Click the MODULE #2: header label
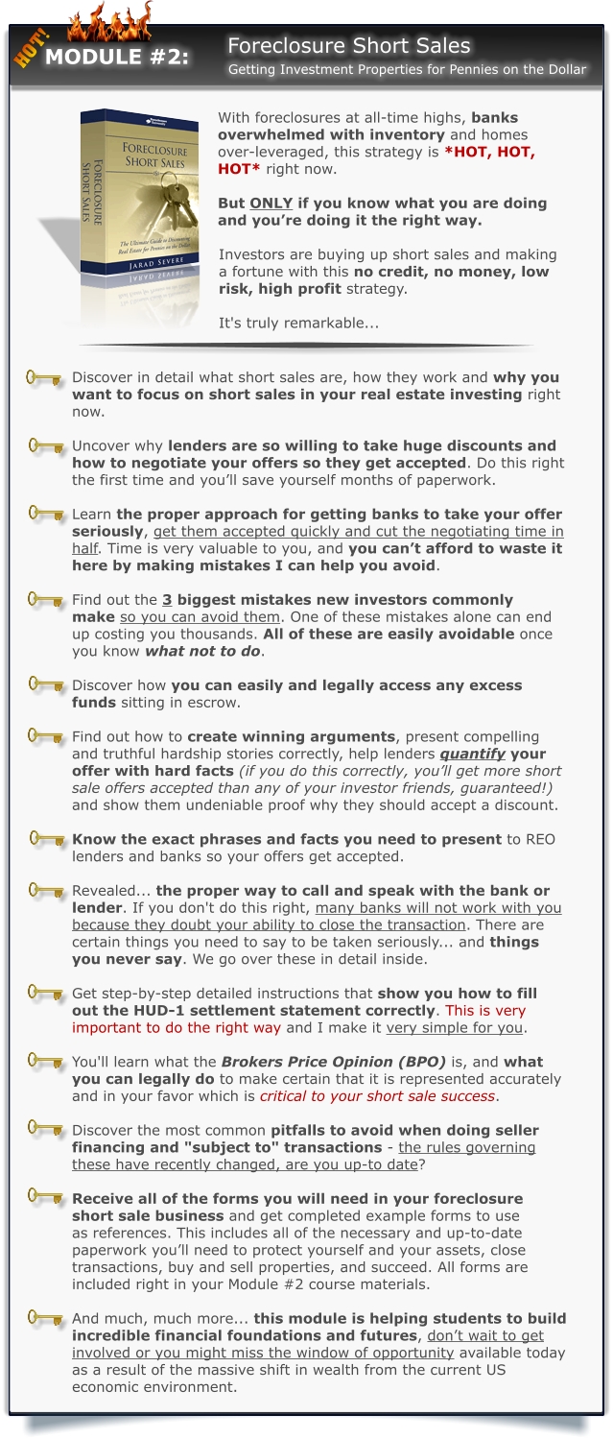(x=117, y=58)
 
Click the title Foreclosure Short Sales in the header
(x=348, y=45)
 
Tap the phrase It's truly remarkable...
(x=298, y=323)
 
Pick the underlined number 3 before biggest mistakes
(x=167, y=600)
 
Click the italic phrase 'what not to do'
(x=202, y=652)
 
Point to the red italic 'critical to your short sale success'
(x=377, y=1096)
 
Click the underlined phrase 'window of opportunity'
(x=368, y=1353)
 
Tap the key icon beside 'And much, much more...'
(x=44, y=1319)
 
